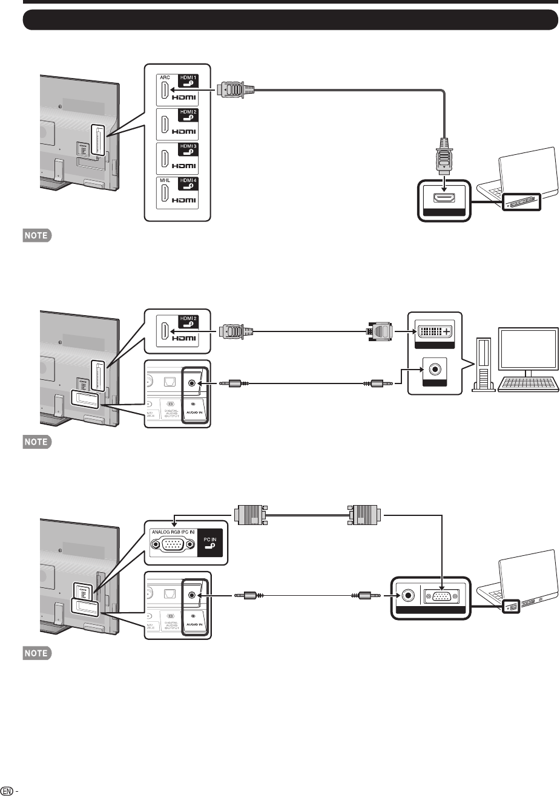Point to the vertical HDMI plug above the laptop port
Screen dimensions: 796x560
444,158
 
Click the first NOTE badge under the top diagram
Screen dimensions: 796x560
36,235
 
